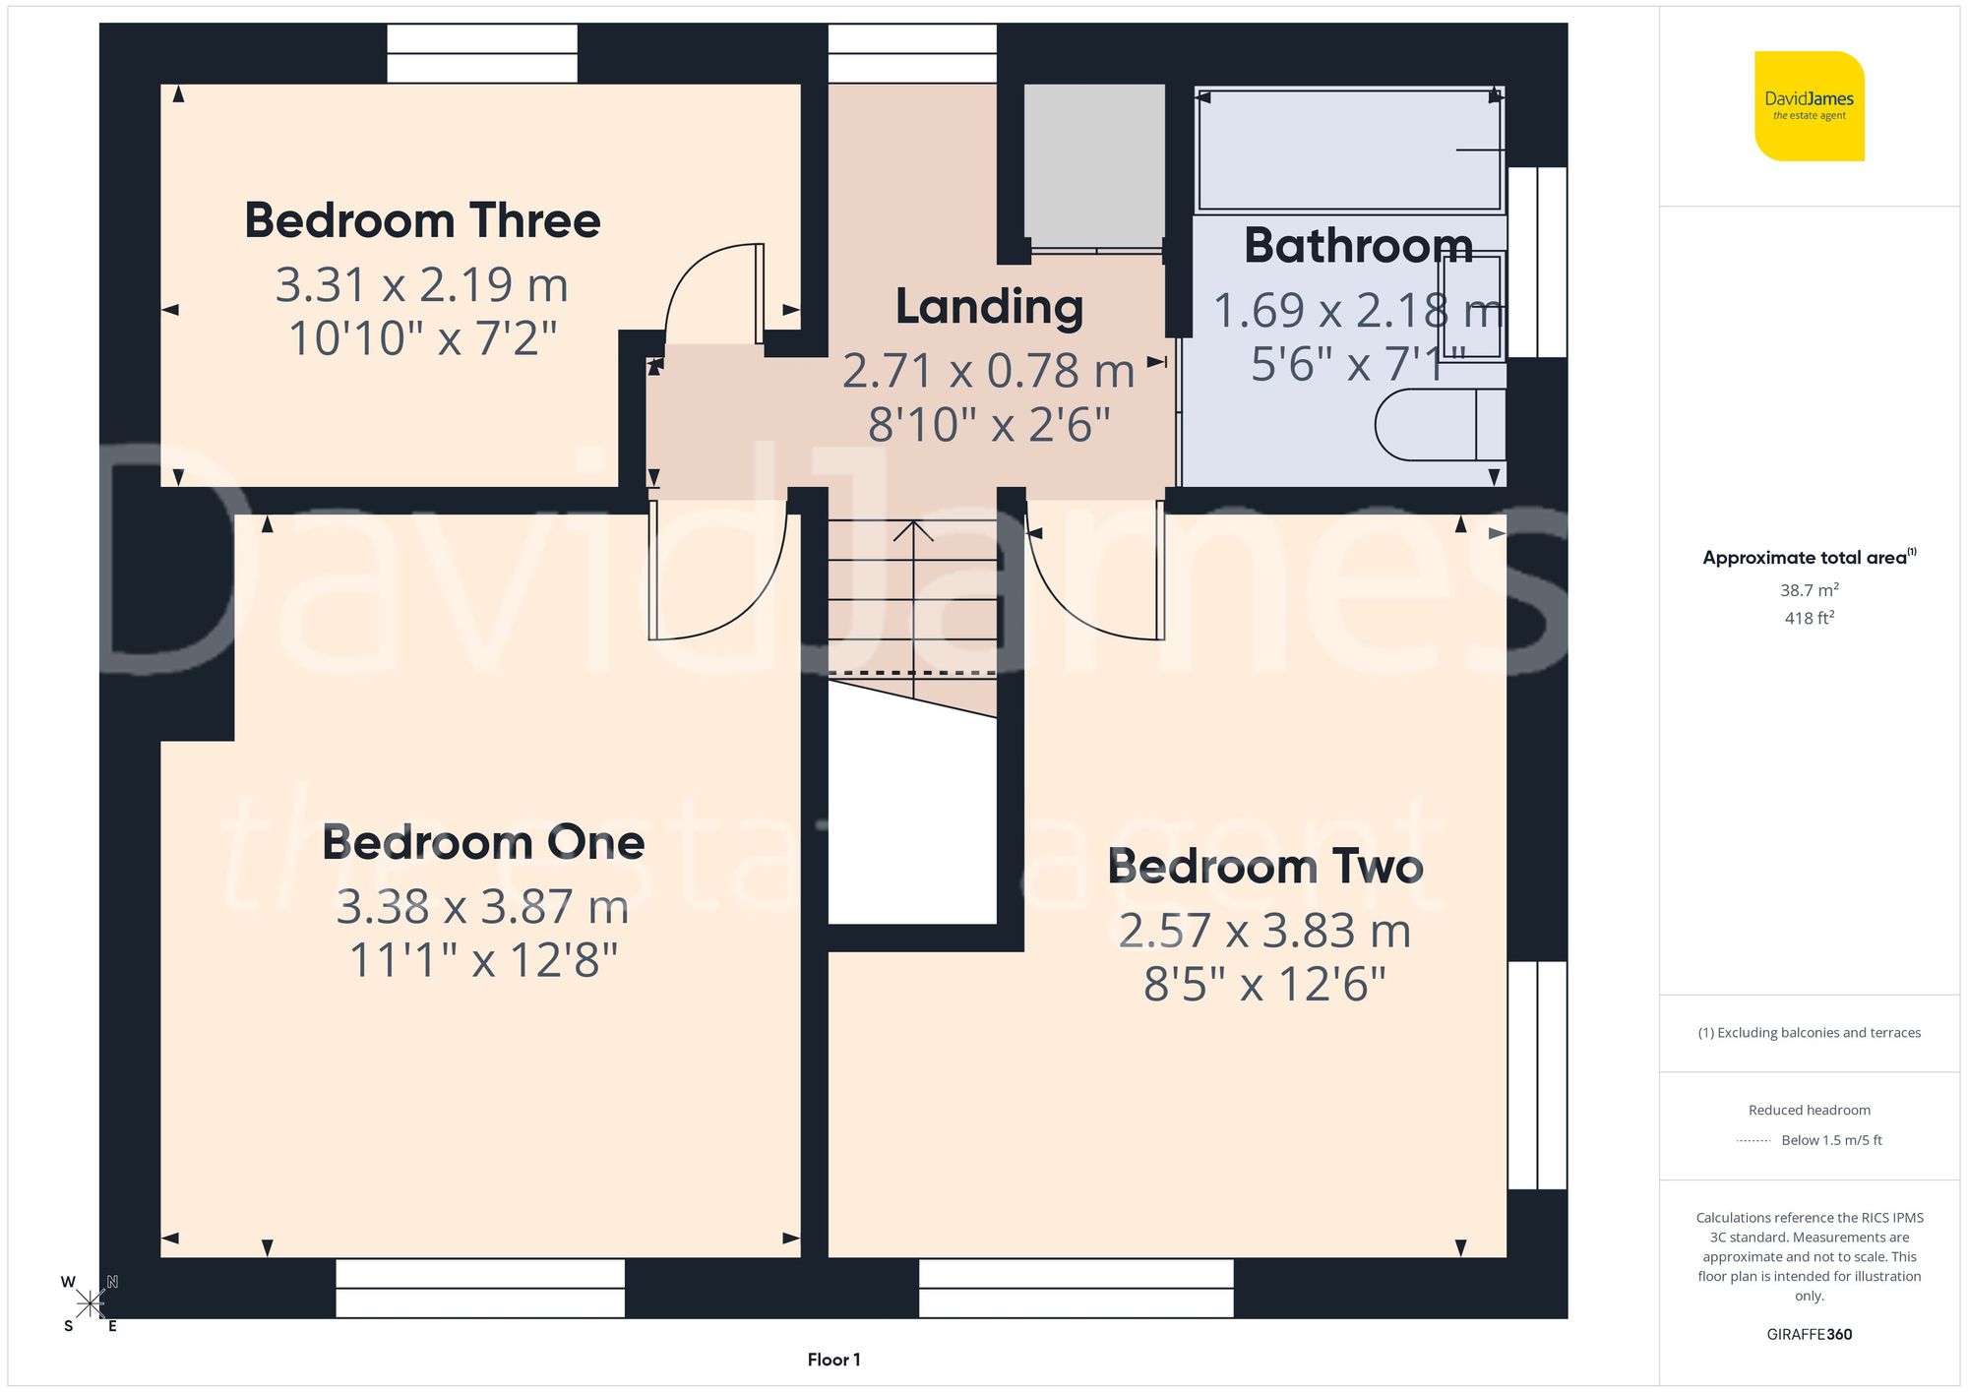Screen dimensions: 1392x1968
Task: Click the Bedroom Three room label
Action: coord(422,220)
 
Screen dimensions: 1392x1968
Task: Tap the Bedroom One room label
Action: coord(483,843)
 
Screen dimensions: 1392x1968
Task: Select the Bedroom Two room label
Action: coord(1265,867)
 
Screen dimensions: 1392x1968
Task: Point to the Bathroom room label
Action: coord(1358,245)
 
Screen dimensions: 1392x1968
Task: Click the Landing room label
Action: coord(989,307)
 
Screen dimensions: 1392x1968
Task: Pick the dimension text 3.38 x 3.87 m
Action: coord(482,906)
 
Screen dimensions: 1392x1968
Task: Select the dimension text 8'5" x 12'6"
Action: coord(1264,984)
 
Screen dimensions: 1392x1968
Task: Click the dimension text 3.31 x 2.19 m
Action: coord(422,285)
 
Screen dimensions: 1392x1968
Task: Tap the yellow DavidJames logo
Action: coord(1809,106)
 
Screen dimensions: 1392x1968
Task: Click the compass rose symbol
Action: coord(90,1304)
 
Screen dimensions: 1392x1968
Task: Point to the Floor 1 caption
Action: coord(833,1360)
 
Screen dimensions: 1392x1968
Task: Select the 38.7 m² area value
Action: coord(1809,590)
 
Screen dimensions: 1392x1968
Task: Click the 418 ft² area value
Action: coord(1809,618)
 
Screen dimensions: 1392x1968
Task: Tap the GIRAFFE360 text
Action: coord(1809,1335)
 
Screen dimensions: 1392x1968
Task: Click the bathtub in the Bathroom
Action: coord(1348,150)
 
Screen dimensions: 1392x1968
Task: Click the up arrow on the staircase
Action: coord(913,536)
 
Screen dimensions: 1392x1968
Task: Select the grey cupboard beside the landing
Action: coord(1094,165)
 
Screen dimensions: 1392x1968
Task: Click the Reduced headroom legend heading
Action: coord(1809,1110)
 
